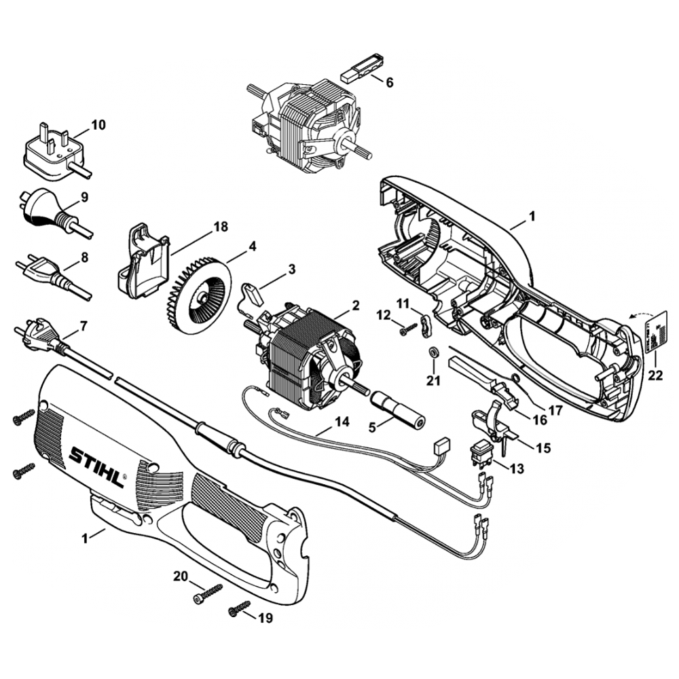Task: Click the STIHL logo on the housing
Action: [97, 467]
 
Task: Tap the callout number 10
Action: [98, 125]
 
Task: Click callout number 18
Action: [221, 227]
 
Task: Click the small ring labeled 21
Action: [432, 352]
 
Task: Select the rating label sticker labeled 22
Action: [655, 333]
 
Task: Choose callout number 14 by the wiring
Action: [342, 422]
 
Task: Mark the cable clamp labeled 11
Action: [426, 326]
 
